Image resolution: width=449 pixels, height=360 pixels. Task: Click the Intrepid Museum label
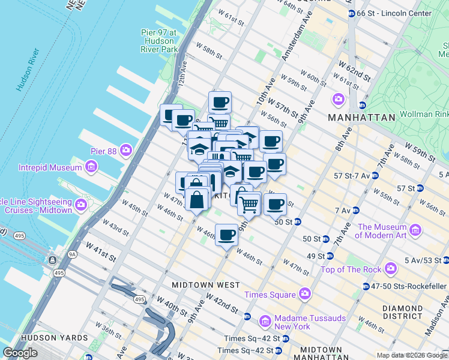coord(52,166)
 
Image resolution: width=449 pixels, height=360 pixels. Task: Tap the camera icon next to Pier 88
coord(126,149)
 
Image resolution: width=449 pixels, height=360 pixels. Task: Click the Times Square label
coord(270,295)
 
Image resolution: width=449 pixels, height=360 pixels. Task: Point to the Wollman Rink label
coord(427,114)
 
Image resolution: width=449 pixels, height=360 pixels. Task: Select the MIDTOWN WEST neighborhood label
coord(205,285)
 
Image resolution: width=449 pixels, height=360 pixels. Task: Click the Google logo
coord(20,353)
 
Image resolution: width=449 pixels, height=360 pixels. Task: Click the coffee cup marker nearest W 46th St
coord(226,235)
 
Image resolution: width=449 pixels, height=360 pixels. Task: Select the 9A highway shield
coord(72,254)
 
